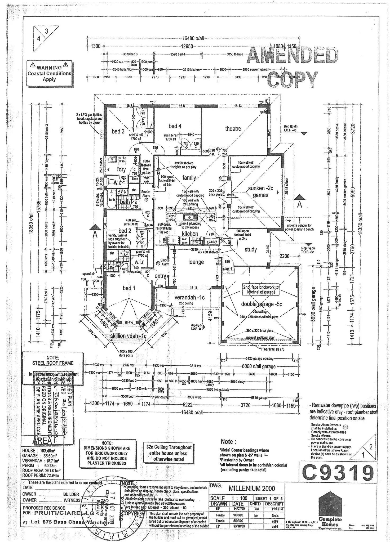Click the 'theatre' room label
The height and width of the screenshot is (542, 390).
[233, 129]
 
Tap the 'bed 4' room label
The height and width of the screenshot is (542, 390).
[175, 126]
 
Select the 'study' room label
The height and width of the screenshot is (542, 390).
[250, 249]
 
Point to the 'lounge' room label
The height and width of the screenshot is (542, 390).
[196, 262]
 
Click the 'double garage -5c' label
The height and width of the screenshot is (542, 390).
[262, 304]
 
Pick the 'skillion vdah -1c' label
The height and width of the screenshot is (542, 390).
[128, 336]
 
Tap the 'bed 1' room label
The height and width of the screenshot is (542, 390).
[129, 288]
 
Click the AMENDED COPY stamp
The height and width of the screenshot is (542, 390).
[293, 68]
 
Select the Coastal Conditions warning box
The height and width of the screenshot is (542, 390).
[50, 73]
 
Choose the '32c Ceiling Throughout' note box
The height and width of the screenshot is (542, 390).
[169, 453]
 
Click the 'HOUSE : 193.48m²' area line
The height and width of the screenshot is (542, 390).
[39, 450]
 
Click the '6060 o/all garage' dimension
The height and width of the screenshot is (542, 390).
[259, 367]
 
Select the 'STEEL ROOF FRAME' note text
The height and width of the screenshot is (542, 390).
[53, 363]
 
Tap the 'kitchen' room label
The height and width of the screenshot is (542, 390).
[190, 234]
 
